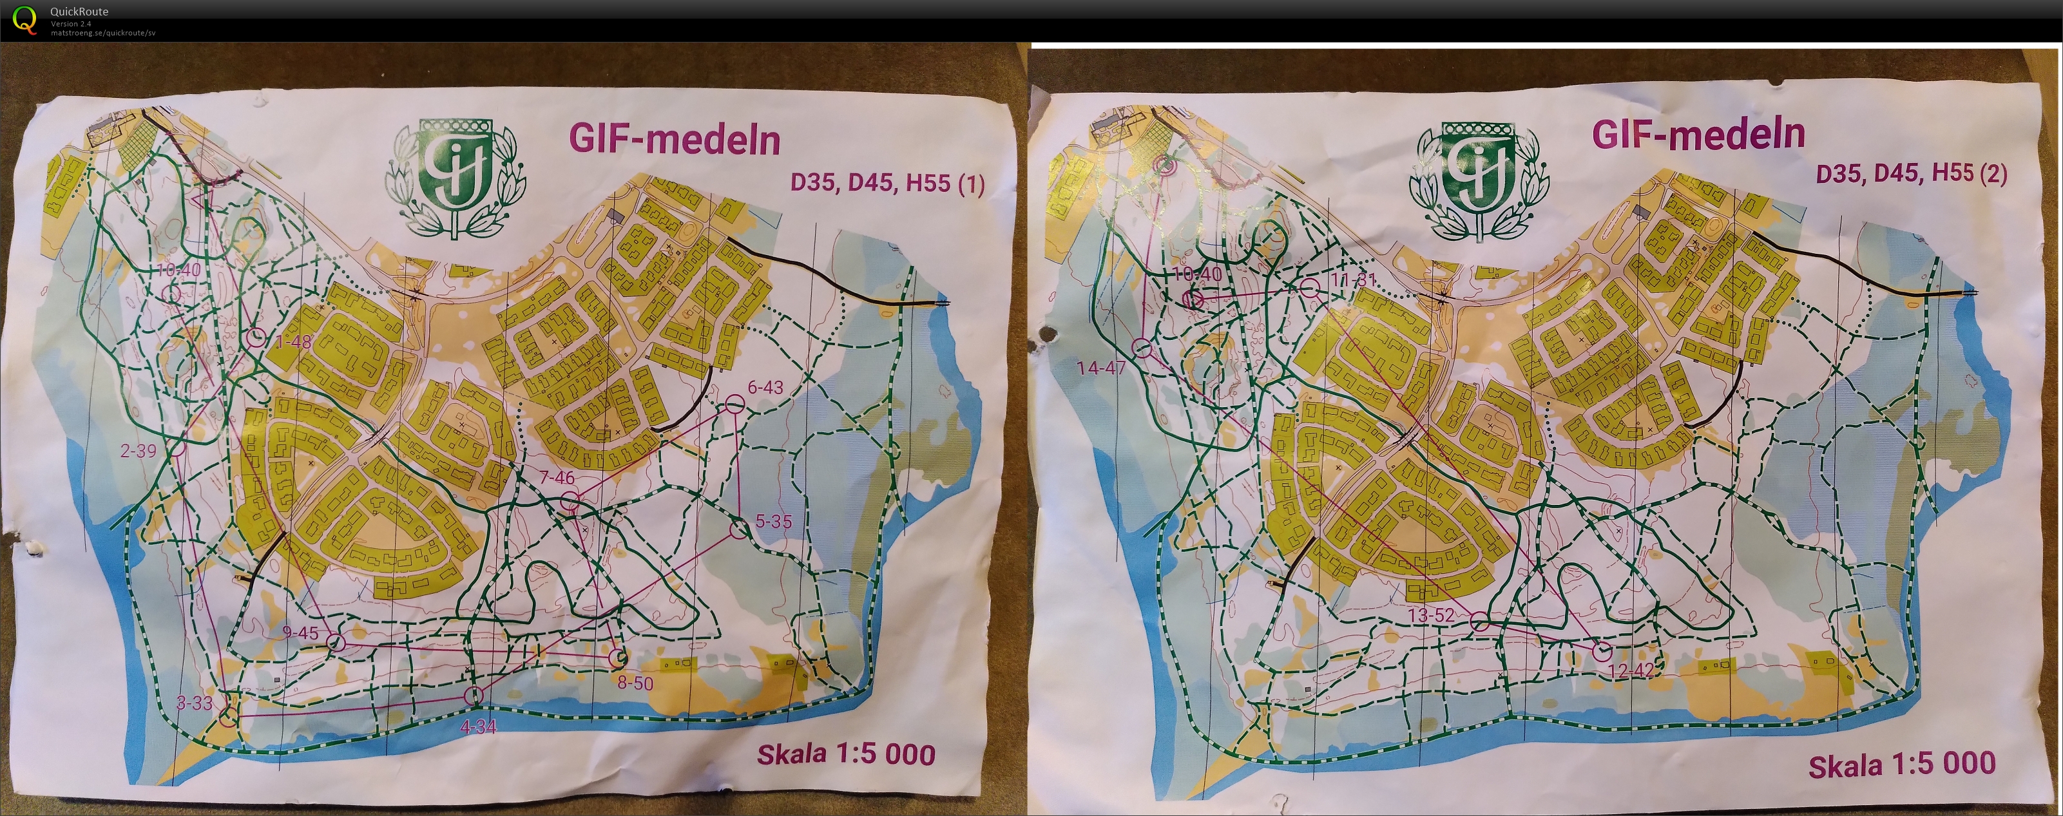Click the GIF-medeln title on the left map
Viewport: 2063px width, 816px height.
(675, 139)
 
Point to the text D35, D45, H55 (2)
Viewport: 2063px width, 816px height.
(1912, 173)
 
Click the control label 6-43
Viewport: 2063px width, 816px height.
(765, 388)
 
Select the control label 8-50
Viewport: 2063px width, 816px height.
(635, 683)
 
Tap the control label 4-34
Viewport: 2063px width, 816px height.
(479, 727)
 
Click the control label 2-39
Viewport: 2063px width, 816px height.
(139, 451)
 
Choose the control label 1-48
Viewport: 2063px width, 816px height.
(293, 342)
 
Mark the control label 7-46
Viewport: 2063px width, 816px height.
(557, 478)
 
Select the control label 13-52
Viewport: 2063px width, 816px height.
(1431, 616)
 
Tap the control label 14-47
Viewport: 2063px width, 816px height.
(1101, 368)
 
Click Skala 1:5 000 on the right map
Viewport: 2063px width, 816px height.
(1902, 764)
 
